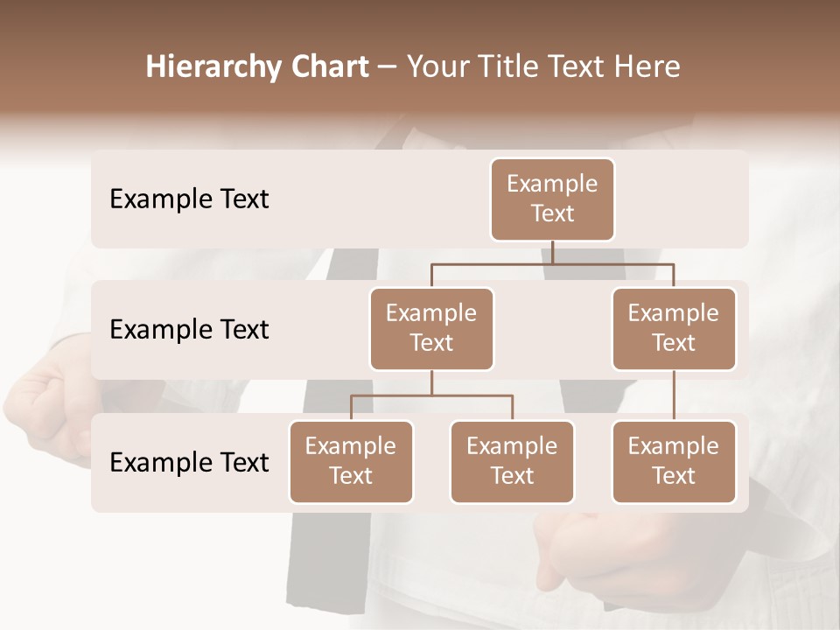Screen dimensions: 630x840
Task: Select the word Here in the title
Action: pos(648,66)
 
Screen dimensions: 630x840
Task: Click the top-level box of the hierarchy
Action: pos(552,199)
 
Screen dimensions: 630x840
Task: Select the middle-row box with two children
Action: pos(431,328)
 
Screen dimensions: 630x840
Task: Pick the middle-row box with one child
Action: pos(674,328)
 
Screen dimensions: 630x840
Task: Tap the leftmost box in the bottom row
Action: pos(351,461)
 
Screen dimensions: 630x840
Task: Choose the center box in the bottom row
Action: pos(512,461)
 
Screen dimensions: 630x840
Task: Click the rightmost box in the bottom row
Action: pos(674,461)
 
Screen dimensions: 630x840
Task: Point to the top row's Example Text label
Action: pos(189,199)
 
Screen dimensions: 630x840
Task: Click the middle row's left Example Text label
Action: pos(189,330)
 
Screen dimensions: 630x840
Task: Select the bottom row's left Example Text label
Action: pos(189,463)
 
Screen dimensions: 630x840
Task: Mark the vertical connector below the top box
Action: pos(552,252)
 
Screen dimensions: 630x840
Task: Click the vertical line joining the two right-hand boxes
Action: pos(674,395)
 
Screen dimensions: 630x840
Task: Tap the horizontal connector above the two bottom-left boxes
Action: pos(431,395)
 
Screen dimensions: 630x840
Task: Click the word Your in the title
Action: pos(436,66)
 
